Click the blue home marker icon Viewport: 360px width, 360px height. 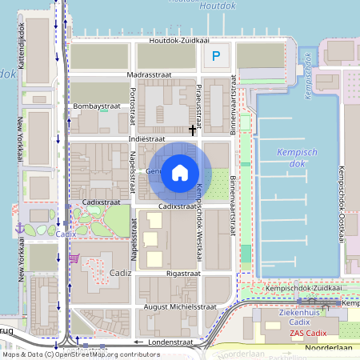coord(180,172)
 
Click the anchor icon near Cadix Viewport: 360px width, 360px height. coord(20,229)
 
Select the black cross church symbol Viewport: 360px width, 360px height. coord(193,129)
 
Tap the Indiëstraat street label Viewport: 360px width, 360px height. coord(150,138)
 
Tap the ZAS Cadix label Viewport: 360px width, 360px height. coord(309,333)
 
